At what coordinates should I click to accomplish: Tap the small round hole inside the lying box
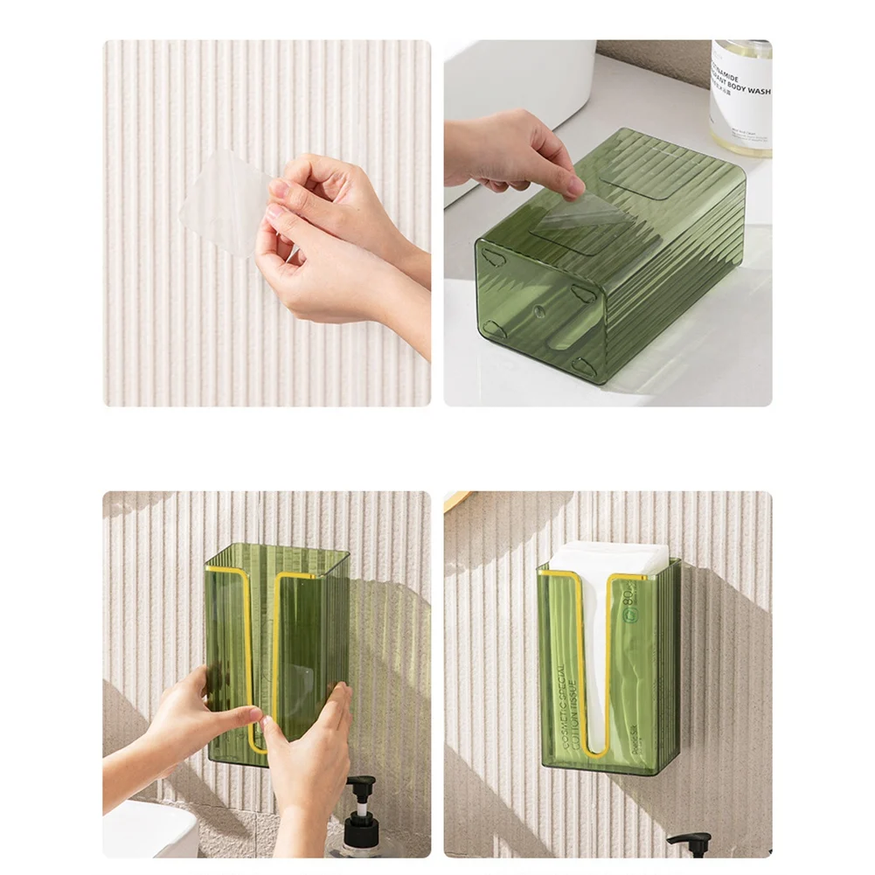pos(535,310)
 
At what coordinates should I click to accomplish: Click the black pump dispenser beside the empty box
pos(361,822)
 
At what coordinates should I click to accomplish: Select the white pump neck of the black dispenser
pos(359,799)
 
